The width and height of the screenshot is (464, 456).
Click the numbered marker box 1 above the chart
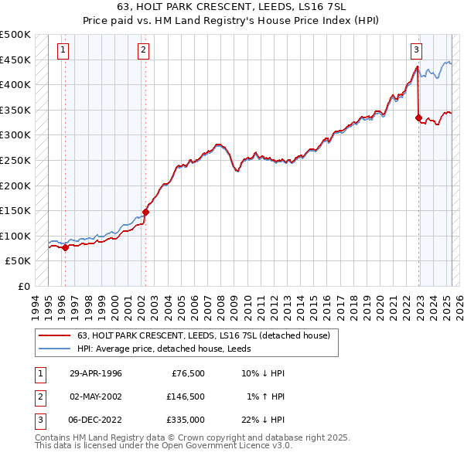click(62, 51)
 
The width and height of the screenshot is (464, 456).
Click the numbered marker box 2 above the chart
click(144, 51)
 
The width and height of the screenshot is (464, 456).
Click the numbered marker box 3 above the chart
click(416, 51)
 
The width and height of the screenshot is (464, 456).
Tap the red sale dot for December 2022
click(418, 118)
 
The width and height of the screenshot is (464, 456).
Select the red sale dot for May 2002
click(145, 212)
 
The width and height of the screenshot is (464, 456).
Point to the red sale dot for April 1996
click(65, 247)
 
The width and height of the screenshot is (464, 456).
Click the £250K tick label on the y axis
click(15, 160)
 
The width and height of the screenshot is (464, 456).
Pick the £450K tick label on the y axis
click(15, 60)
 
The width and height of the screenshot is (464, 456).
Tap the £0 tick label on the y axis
click(23, 286)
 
